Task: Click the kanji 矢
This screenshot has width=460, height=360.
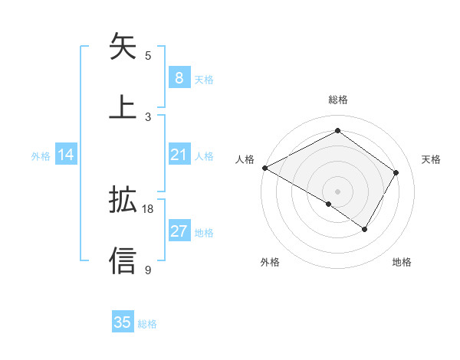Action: click(123, 47)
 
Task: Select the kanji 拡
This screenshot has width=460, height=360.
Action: click(123, 201)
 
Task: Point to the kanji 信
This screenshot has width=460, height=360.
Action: click(123, 260)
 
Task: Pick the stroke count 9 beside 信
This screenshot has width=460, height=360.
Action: click(148, 269)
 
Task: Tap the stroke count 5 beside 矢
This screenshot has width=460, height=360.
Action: click(148, 55)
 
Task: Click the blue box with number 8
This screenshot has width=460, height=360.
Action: click(179, 77)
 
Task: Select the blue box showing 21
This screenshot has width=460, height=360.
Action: click(179, 155)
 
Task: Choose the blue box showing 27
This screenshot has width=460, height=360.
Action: click(179, 231)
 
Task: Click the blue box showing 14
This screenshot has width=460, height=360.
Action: click(66, 155)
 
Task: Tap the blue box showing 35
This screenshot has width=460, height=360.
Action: click(123, 322)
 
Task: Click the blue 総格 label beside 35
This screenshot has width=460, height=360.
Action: click(147, 324)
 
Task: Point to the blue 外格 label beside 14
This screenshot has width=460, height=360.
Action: click(41, 155)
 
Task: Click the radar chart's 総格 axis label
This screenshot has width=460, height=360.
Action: click(337, 100)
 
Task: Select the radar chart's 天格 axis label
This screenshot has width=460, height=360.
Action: click(432, 159)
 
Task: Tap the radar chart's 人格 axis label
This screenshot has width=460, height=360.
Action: click(245, 159)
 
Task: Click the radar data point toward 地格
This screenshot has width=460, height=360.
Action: click(365, 229)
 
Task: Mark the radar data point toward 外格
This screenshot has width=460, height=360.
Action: click(329, 204)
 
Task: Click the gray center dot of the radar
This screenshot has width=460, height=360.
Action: click(337, 191)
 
